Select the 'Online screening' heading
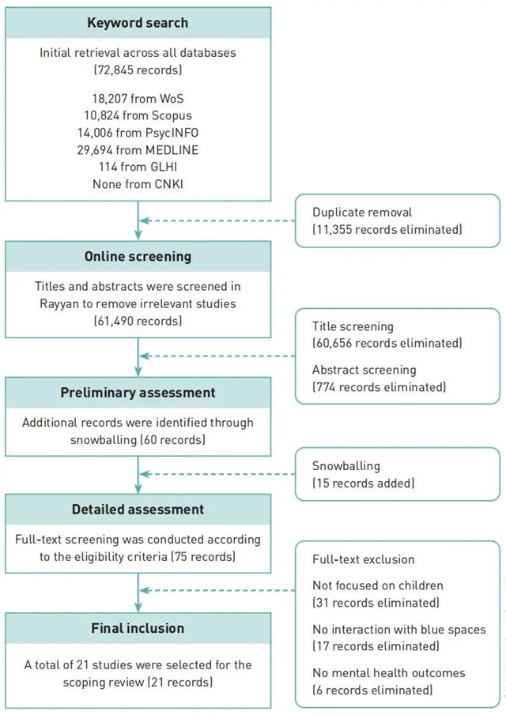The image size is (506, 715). [138, 257]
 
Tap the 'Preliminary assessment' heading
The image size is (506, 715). [138, 393]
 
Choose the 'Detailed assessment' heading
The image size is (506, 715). [138, 510]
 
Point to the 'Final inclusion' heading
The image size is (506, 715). [138, 628]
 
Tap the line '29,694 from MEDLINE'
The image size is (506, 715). [138, 150]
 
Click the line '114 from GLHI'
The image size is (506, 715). [138, 167]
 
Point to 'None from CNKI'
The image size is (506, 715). [138, 183]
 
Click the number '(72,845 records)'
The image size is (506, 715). [138, 70]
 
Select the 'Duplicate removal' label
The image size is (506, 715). [362, 213]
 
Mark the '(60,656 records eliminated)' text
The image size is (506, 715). [387, 343]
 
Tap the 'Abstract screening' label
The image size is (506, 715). [364, 370]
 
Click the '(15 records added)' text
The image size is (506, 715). [363, 483]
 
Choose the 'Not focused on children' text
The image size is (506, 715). [378, 585]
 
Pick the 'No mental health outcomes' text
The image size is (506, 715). [388, 673]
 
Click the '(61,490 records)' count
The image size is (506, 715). [138, 321]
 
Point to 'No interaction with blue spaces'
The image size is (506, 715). [399, 630]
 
